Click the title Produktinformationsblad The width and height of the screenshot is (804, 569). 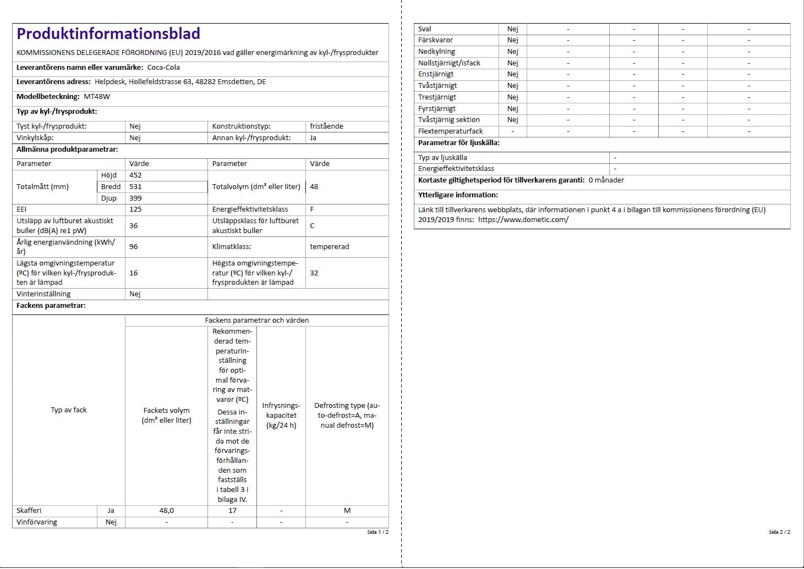click(108, 34)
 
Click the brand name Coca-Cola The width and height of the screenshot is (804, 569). click(163, 68)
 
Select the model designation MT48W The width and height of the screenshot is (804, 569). click(97, 97)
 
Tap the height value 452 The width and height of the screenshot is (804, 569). click(135, 175)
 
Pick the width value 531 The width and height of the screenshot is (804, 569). click(135, 187)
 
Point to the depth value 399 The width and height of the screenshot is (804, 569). click(135, 198)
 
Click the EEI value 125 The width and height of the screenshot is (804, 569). click(135, 209)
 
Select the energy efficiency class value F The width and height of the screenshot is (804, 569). click(312, 209)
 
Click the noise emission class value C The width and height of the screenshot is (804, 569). click(312, 226)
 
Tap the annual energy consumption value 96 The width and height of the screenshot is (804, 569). click(134, 247)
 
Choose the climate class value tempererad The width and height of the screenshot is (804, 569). click(329, 247)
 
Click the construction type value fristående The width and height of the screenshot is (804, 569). click(326, 126)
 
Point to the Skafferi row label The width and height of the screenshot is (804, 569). click(29, 511)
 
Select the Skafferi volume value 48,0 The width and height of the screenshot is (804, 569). click(166, 511)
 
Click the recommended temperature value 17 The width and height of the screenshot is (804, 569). click(232, 511)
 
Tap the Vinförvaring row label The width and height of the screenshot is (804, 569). click(37, 522)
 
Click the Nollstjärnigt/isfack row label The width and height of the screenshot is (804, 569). click(449, 63)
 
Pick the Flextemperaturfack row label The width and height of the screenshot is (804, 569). click(450, 131)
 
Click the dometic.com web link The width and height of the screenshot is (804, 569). click(523, 220)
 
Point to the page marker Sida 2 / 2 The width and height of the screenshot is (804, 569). click(779, 532)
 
